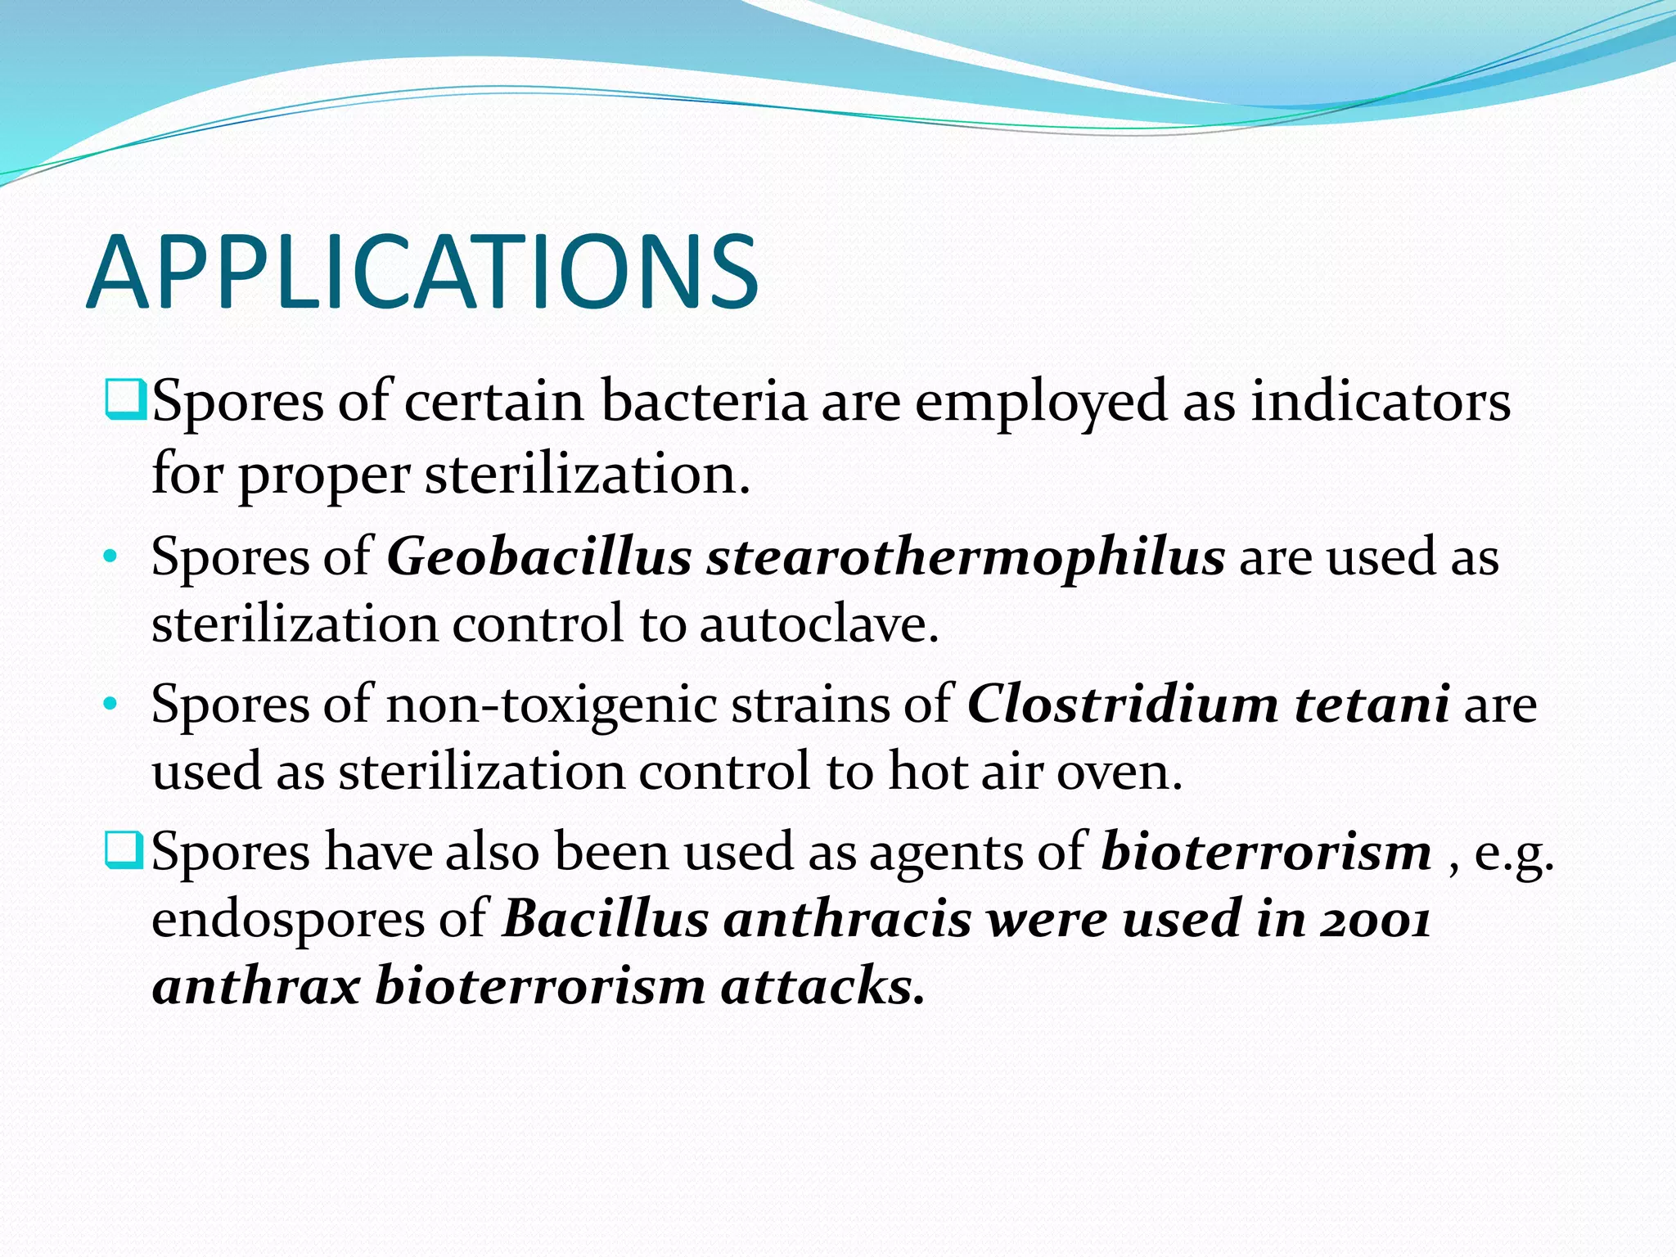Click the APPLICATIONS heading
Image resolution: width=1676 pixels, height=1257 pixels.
[x=422, y=273]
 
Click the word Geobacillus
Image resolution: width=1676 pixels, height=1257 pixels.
[x=539, y=557]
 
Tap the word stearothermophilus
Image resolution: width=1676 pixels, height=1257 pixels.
[x=966, y=557]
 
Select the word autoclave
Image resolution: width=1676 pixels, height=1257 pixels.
[x=818, y=624]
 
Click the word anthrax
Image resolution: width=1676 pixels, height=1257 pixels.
[x=256, y=985]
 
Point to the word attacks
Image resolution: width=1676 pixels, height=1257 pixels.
[x=822, y=985]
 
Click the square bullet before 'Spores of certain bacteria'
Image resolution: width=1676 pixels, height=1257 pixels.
[x=125, y=399]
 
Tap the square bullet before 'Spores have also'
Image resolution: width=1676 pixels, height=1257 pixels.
[x=125, y=849]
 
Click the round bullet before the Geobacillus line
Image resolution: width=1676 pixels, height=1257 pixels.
[x=111, y=558]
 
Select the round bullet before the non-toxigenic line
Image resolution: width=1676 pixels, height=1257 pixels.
[x=111, y=705]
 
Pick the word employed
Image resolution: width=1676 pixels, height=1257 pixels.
[x=1040, y=403]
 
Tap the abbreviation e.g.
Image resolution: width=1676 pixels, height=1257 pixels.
[x=1513, y=853]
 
